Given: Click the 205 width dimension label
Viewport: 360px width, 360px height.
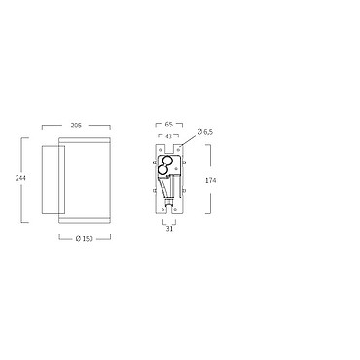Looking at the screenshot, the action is (76, 126).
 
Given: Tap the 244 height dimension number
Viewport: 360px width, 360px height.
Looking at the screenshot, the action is (20, 178).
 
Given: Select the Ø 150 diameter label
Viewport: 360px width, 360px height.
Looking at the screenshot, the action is (84, 239).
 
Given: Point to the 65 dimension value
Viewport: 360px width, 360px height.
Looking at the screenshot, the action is (169, 124).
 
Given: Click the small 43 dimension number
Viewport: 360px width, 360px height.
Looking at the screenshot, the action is (168, 136).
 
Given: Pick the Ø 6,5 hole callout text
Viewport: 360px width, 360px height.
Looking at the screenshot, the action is (205, 132).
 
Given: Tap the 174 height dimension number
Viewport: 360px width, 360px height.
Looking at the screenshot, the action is (210, 180).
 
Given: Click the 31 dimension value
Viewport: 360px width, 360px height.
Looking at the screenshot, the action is (169, 229).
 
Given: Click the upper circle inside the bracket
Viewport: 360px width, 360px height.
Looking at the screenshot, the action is (167, 161).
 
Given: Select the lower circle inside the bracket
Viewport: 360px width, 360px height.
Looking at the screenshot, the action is (162, 169).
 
